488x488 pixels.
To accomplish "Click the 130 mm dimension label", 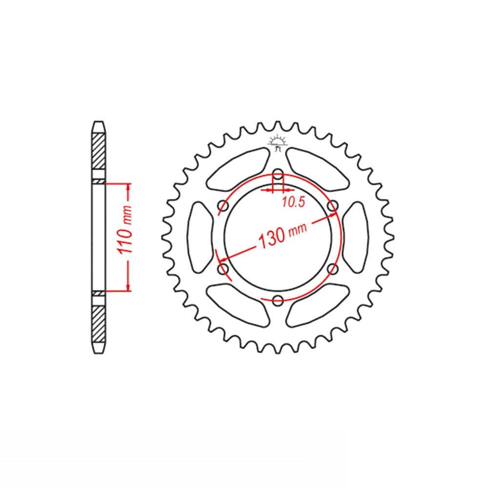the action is (x=283, y=234).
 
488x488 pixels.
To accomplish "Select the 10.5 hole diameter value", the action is (x=293, y=203).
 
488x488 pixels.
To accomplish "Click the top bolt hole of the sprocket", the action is (x=278, y=174).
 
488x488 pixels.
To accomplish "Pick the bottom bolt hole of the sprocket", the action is (x=278, y=300).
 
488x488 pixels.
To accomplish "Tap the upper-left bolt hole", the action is (x=223, y=206).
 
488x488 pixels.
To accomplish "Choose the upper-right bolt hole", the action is (x=333, y=206).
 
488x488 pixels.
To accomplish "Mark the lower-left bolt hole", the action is (x=223, y=268).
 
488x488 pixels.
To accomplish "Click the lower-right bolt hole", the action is (x=333, y=268).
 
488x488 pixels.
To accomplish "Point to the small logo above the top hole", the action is (x=277, y=143).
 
